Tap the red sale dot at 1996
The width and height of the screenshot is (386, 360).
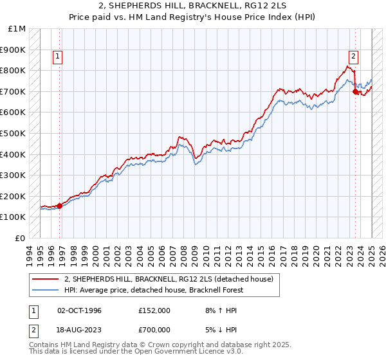click(60, 206)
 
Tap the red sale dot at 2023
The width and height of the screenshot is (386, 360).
click(355, 92)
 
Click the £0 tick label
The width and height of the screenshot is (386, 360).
click(21, 238)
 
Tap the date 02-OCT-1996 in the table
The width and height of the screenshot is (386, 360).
click(79, 310)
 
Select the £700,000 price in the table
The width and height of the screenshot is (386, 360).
click(154, 329)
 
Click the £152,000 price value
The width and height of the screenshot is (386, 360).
click(154, 310)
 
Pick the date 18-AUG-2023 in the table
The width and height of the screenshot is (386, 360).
click(79, 329)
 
